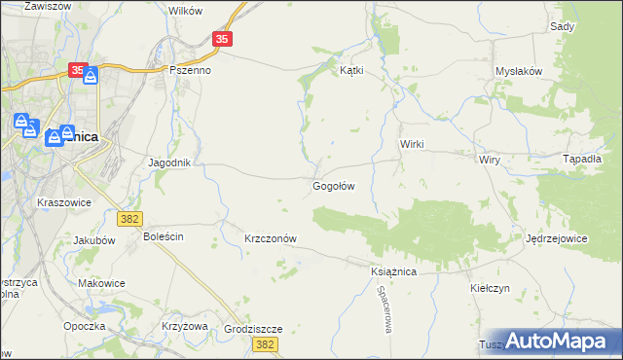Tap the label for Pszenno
click(191, 70)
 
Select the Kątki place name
click(350, 70)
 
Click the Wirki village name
click(413, 143)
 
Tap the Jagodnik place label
click(168, 162)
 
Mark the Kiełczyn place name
click(490, 289)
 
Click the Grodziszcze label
click(252, 329)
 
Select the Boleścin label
click(164, 236)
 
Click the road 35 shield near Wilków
click(223, 39)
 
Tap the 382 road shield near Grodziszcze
click(262, 344)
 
